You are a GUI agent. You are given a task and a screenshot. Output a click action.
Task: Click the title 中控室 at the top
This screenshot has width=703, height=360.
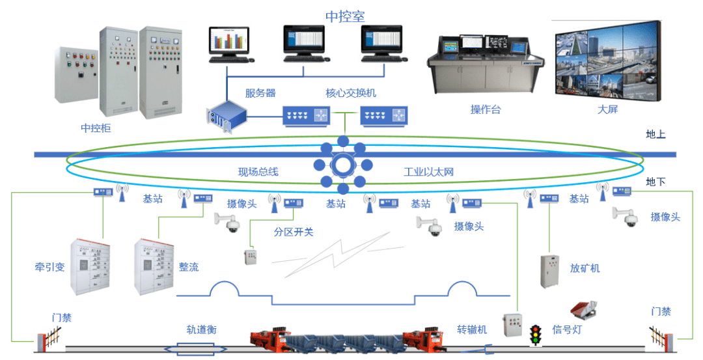tap(345, 16)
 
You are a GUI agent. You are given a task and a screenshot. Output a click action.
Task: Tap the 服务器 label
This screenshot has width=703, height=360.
tap(260, 93)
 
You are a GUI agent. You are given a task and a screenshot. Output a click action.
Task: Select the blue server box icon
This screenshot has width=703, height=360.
tap(227, 116)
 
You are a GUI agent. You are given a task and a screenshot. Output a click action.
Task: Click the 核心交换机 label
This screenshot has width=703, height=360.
tap(351, 93)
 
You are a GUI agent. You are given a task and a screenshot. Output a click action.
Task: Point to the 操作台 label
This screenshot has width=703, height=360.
tap(485, 109)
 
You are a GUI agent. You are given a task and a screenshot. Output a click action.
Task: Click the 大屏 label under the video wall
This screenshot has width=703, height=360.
tap(607, 109)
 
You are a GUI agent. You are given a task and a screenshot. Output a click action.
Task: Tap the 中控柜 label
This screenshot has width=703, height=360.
tap(96, 128)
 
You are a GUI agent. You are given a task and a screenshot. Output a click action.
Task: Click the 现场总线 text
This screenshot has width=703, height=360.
tap(258, 172)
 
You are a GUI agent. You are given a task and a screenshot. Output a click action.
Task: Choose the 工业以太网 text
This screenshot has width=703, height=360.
tap(428, 172)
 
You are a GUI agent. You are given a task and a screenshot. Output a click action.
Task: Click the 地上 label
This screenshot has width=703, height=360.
tap(655, 134)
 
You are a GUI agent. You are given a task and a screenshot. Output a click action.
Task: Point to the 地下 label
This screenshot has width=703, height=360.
tap(655, 182)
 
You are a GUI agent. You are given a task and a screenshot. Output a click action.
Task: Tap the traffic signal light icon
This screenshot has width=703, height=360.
tap(534, 335)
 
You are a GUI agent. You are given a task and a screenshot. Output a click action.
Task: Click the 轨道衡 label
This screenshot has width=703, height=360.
tap(201, 330)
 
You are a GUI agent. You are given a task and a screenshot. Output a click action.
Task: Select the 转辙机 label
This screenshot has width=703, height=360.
tap(472, 330)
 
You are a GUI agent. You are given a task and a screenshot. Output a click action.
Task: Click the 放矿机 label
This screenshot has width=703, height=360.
tap(585, 268)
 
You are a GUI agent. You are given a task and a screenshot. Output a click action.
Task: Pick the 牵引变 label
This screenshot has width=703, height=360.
tap(49, 267)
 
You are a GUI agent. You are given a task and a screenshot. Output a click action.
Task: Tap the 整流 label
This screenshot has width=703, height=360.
tap(189, 267)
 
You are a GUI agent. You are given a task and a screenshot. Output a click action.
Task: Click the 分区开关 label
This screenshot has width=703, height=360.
tap(294, 232)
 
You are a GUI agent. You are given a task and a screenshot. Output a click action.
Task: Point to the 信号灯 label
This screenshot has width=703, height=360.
tap(567, 330)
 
